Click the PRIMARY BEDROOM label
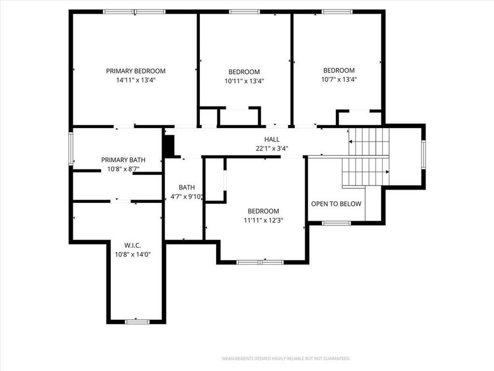136,71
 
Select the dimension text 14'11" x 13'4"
136,80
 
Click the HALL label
272,140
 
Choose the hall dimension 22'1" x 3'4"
272,148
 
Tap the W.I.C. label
132,245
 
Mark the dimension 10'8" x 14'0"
132,254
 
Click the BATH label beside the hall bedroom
187,187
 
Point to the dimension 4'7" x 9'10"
187,197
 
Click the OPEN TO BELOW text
336,204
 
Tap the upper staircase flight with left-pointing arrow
369,141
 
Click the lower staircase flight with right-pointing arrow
366,172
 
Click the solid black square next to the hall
169,146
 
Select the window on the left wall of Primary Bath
70,148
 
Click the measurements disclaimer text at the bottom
285,359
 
